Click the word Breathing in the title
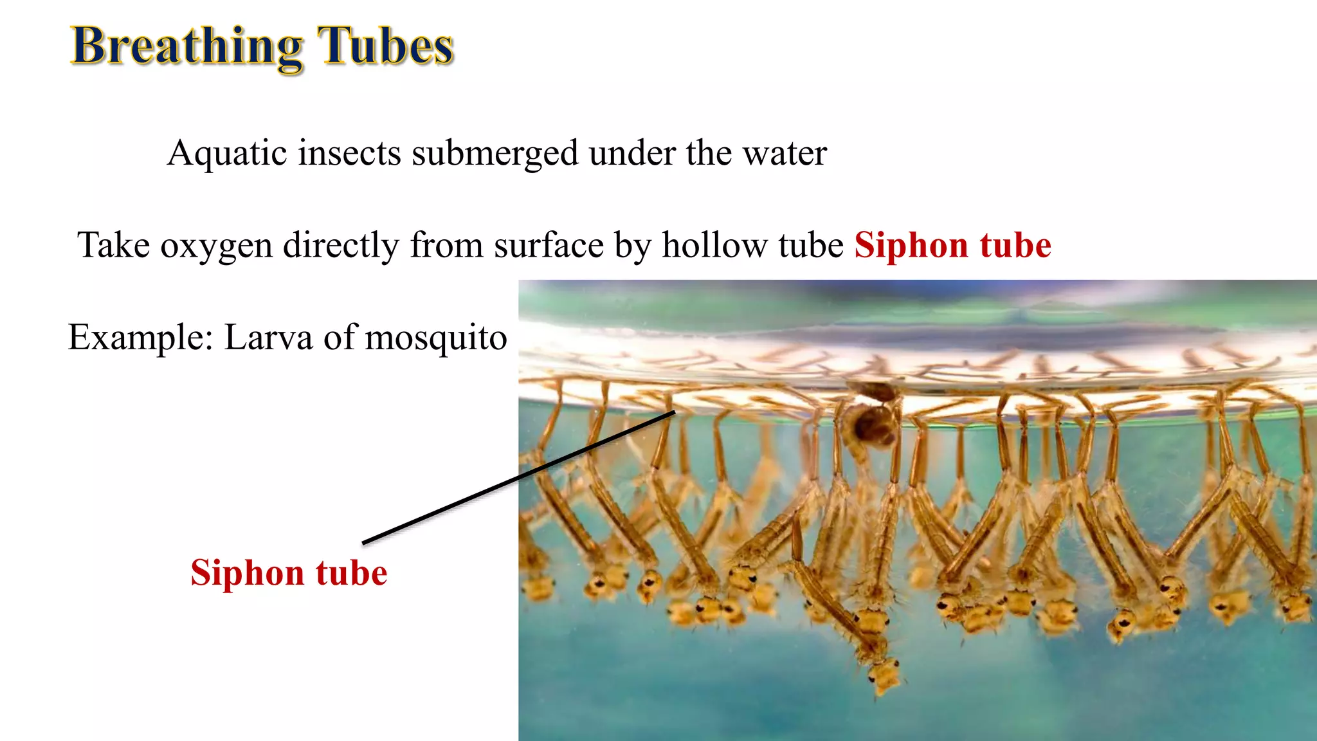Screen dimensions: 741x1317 pyautogui.click(x=186, y=46)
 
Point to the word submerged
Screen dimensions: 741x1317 pyautogui.click(x=495, y=153)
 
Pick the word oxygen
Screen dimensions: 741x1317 pyautogui.click(x=217, y=246)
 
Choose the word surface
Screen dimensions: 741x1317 pyautogui.click(x=549, y=246)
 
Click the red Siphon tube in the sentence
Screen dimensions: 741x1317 pyautogui.click(x=952, y=246)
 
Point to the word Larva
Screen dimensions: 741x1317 pyautogui.click(x=268, y=337)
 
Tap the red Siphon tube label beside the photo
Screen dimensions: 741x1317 pyautogui.click(x=289, y=572)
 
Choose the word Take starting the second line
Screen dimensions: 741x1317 pyautogui.click(x=113, y=246)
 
